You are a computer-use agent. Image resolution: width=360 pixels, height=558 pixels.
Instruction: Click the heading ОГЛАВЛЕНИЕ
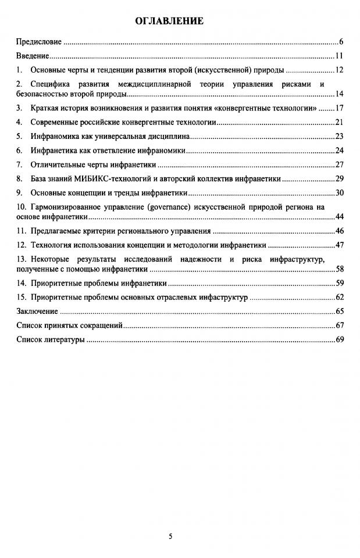[169, 22]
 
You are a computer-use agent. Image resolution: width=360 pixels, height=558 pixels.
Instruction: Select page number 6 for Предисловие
[342, 42]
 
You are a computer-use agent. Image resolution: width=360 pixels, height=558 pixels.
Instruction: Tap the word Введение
[33, 56]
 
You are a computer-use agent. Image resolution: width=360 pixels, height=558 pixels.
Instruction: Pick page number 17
[340, 108]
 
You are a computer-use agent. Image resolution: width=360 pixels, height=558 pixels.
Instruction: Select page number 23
[340, 137]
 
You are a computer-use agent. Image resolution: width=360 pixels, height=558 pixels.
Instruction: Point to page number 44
[340, 217]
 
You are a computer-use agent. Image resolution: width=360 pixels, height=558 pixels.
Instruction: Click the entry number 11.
[21, 231]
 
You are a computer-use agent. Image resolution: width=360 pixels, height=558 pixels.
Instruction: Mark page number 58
[340, 269]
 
